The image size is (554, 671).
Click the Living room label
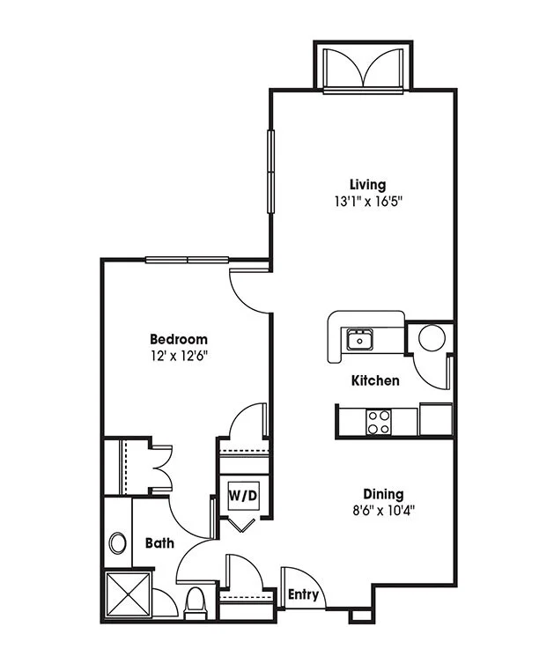click(x=368, y=185)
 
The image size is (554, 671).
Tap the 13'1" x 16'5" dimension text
click(x=369, y=202)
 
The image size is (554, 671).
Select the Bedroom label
click(x=179, y=339)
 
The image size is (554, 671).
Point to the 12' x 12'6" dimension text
click(x=179, y=356)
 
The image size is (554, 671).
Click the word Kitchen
click(x=375, y=380)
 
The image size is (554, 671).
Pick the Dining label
click(x=383, y=494)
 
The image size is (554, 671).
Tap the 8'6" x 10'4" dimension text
click(x=384, y=511)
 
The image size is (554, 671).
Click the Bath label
click(x=159, y=543)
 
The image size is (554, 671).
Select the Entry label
click(x=303, y=594)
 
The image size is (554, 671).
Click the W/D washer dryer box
click(x=243, y=496)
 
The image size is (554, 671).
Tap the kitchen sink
click(x=359, y=339)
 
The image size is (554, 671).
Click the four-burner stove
click(x=379, y=422)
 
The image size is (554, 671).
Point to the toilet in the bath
click(x=195, y=604)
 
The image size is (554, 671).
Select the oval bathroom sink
click(x=117, y=543)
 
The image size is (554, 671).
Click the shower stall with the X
click(x=128, y=594)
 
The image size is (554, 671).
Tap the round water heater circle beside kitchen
click(x=432, y=338)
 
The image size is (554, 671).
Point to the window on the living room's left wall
click(x=270, y=172)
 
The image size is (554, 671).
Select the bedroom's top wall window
click(x=187, y=260)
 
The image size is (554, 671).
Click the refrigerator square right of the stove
click(x=435, y=419)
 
